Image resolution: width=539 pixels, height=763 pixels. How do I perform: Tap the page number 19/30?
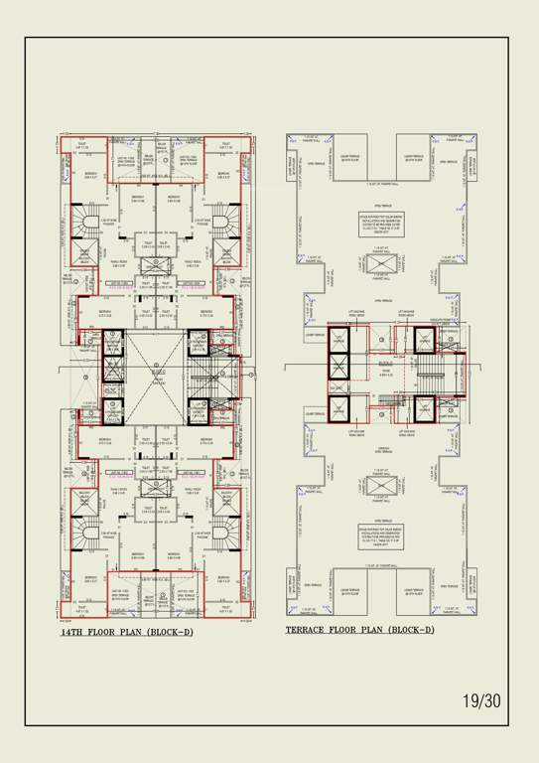(x=481, y=700)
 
